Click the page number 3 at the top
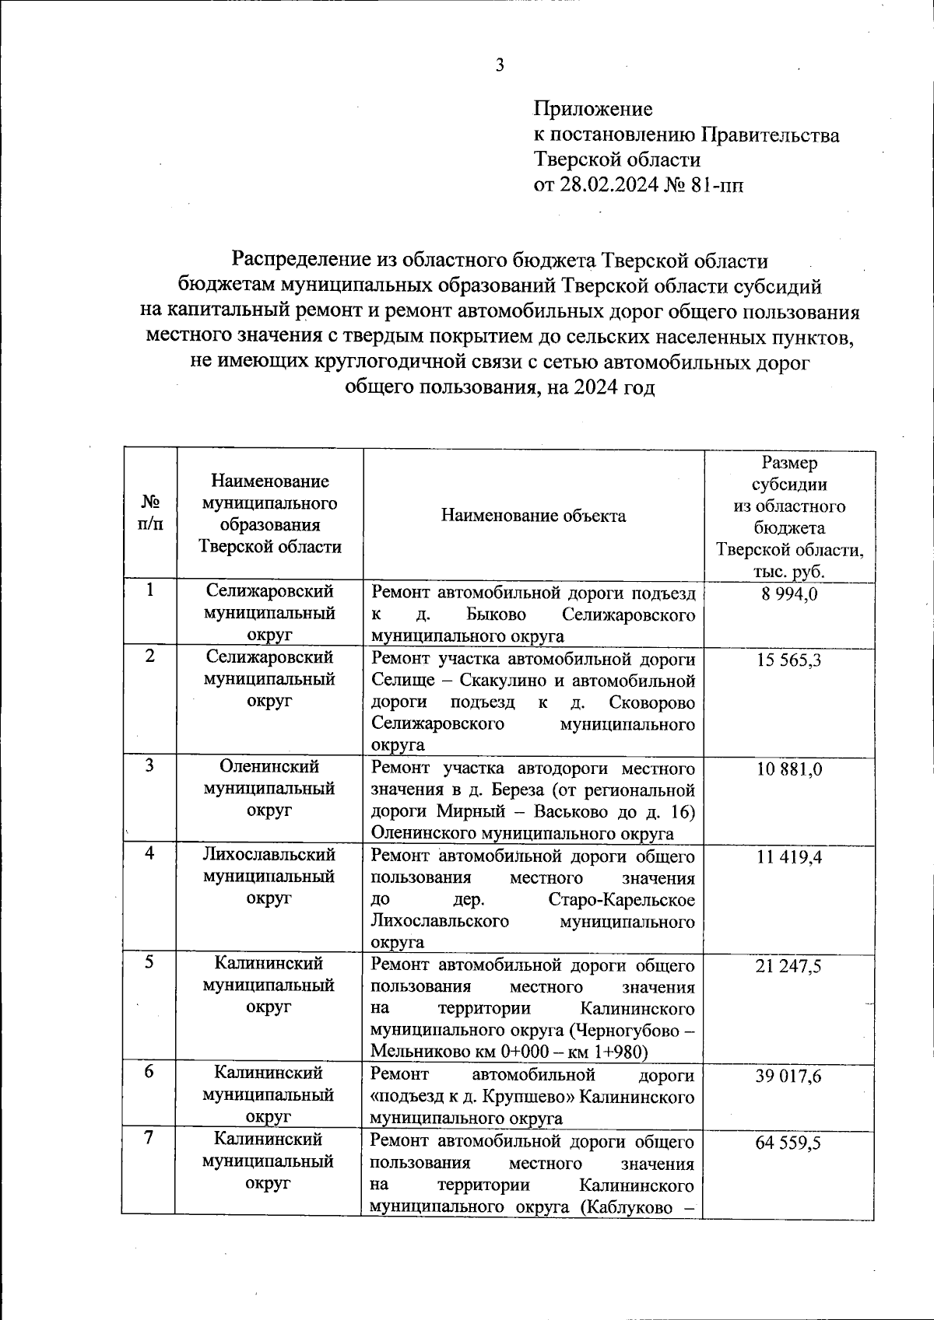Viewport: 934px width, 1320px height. [500, 66]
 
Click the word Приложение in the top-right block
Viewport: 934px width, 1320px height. [593, 109]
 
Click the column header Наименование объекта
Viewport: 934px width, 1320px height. [533, 516]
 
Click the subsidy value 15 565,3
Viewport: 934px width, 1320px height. [789, 661]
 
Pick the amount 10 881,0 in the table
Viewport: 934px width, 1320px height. [789, 770]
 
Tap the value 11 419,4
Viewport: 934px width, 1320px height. [789, 857]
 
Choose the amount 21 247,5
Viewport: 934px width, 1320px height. [789, 967]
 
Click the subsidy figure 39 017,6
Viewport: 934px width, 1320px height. [789, 1077]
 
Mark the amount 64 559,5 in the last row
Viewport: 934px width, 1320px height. [789, 1143]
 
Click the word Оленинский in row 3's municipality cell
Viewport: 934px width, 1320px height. [269, 767]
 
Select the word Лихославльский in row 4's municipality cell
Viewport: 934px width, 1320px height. [269, 854]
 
